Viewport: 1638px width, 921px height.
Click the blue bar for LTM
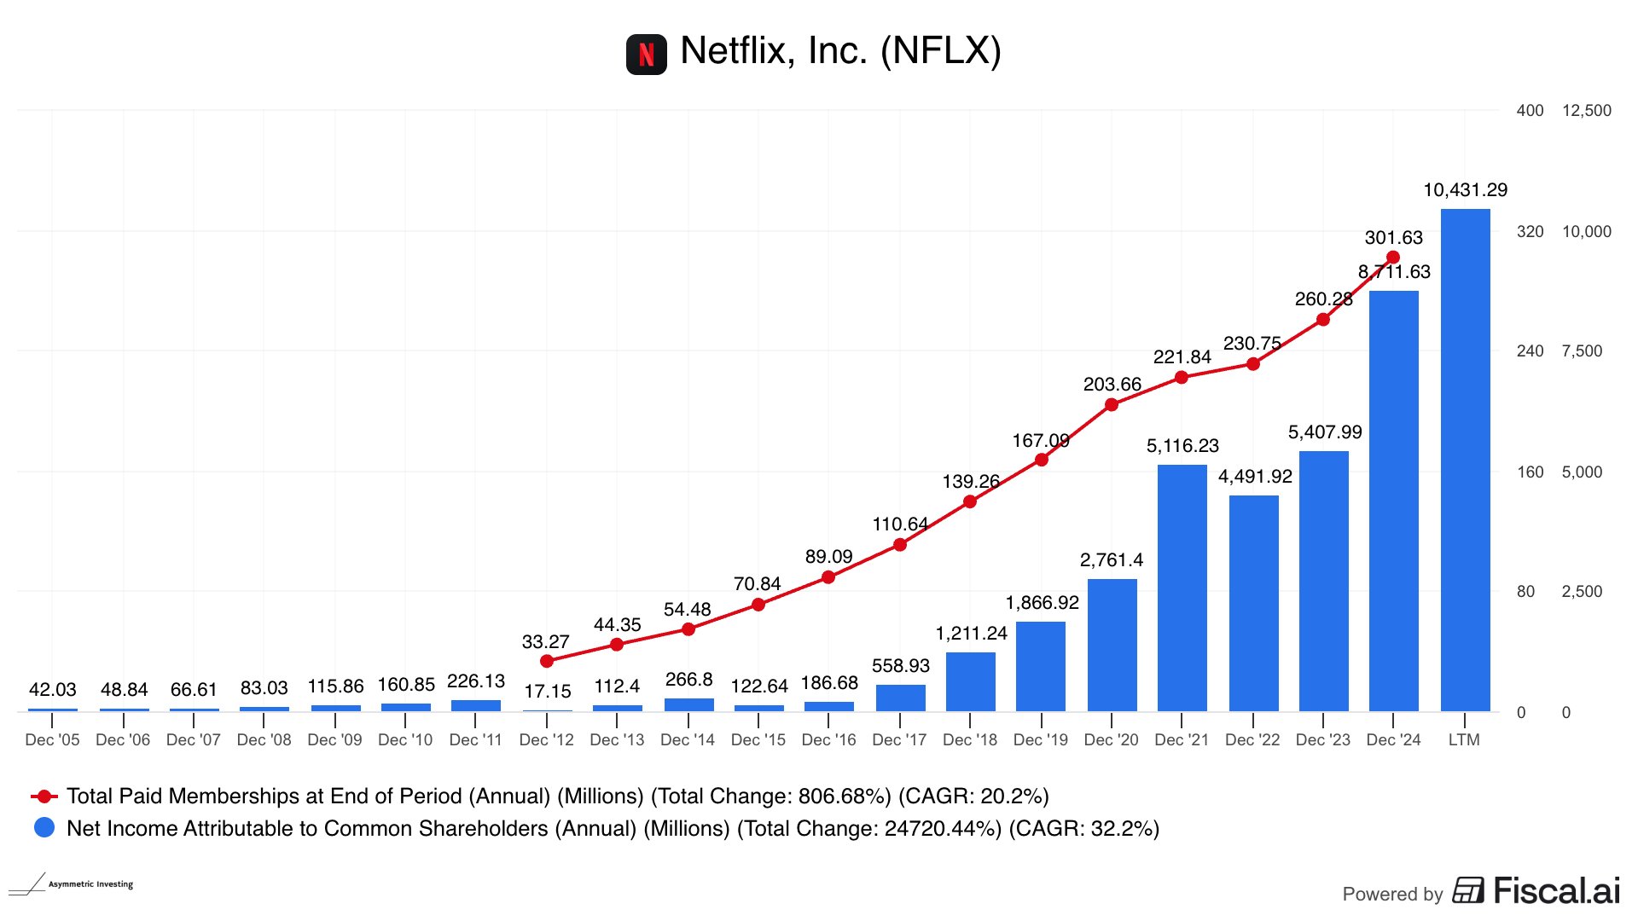pyautogui.click(x=1465, y=460)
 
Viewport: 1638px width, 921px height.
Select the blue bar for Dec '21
pyautogui.click(x=1182, y=588)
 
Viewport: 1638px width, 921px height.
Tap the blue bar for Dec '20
pyautogui.click(x=1112, y=646)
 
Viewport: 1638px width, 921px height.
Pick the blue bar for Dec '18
pyautogui.click(x=970, y=682)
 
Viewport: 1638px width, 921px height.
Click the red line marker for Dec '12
pyautogui.click(x=547, y=661)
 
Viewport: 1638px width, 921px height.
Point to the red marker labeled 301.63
pyautogui.click(x=1393, y=257)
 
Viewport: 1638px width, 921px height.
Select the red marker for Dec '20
pyautogui.click(x=1112, y=405)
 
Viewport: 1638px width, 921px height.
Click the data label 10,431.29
pyautogui.click(x=1465, y=190)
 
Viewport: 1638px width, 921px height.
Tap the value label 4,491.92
pyautogui.click(x=1254, y=477)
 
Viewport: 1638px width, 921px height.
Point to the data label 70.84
pyautogui.click(x=757, y=584)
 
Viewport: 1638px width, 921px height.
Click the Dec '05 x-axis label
pyautogui.click(x=52, y=740)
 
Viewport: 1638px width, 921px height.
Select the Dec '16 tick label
pyautogui.click(x=828, y=740)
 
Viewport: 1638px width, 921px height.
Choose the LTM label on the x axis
pyautogui.click(x=1464, y=740)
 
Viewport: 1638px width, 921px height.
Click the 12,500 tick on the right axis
pyautogui.click(x=1586, y=111)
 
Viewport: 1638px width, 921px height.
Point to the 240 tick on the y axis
pyautogui.click(x=1530, y=351)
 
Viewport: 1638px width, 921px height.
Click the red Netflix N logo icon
pyautogui.click(x=646, y=55)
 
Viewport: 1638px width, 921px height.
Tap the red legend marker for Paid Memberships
pyautogui.click(x=44, y=796)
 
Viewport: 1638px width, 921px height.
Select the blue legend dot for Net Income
pyautogui.click(x=44, y=828)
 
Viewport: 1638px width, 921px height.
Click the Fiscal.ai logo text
pyautogui.click(x=1556, y=891)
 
